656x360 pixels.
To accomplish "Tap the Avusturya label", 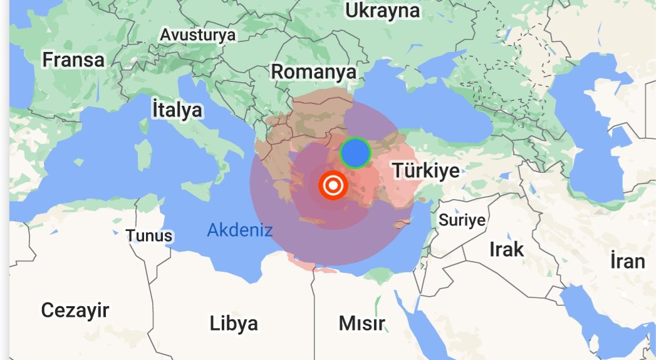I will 197,35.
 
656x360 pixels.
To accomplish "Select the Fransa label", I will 73,60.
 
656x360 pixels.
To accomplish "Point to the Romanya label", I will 313,72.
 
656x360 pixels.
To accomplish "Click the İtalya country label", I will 177,110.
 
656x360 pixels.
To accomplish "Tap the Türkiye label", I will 425,170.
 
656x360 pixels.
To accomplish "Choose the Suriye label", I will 462,220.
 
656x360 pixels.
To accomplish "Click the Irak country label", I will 506,249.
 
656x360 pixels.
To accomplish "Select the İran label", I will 627,260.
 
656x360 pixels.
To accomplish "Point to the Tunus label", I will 149,236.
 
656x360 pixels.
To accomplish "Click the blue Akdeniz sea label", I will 239,230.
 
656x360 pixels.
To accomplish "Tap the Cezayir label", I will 75,310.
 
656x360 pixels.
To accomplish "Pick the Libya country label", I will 234,324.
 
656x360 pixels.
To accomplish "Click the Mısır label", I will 362,324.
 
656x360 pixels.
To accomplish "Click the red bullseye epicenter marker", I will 332,186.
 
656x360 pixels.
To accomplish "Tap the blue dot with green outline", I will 355,153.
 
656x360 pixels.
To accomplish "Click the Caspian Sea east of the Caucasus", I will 595,138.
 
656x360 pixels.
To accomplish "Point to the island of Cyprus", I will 401,224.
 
